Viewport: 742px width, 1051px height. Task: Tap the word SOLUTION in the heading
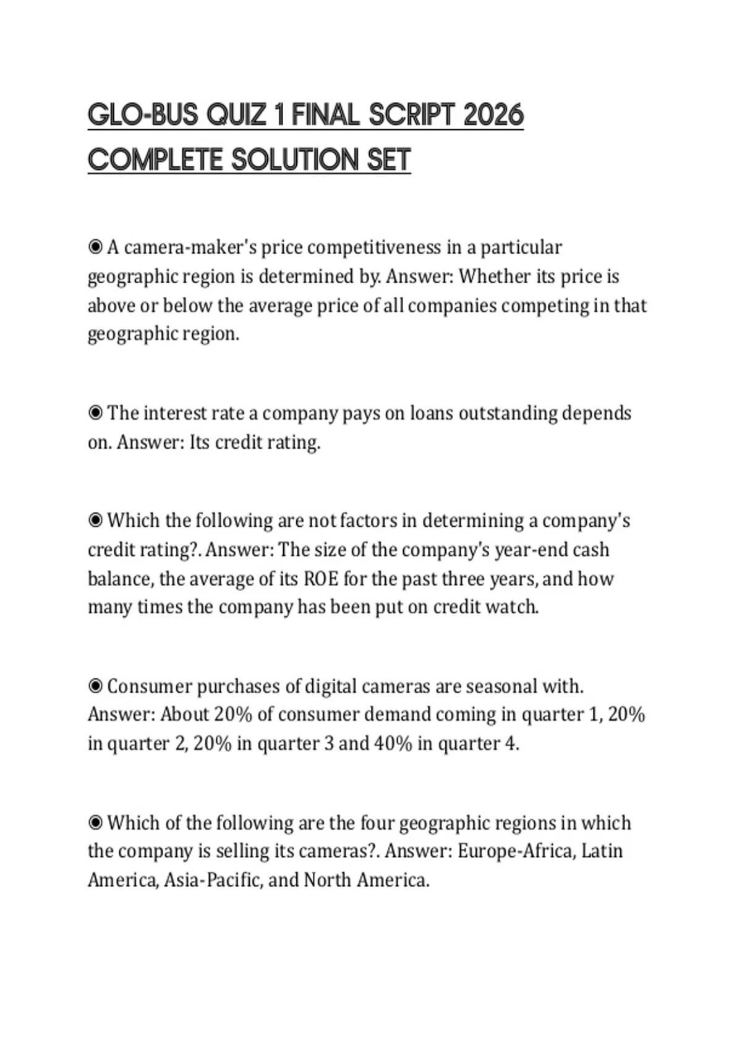[296, 160]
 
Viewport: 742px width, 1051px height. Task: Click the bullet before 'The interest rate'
[95, 412]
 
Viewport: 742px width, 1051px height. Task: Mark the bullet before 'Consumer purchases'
[95, 686]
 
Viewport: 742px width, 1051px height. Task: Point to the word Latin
[602, 851]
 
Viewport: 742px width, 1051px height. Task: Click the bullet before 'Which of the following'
[95, 822]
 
